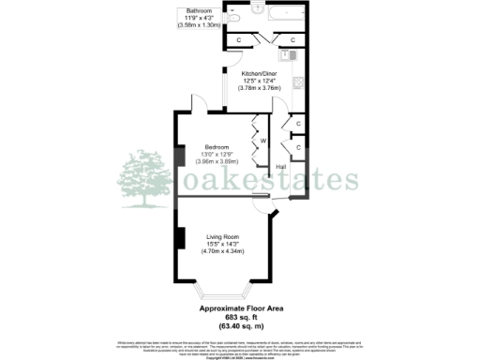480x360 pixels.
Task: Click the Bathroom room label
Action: (199, 10)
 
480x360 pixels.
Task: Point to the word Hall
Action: (280, 167)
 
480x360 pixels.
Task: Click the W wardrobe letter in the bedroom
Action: (262, 140)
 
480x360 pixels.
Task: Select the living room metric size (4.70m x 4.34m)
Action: (223, 252)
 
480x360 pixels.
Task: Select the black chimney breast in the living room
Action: (177, 236)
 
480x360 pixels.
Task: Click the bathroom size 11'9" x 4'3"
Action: (199, 18)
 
